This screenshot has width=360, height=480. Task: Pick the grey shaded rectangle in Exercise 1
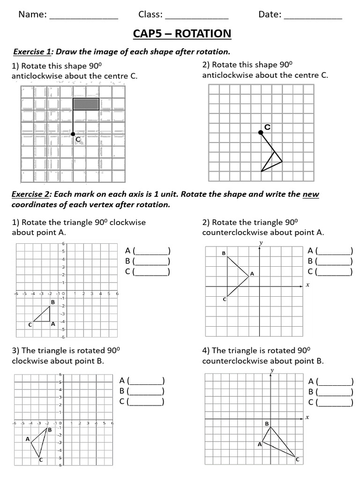(86, 104)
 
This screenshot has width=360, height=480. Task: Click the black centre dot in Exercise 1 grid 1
(73, 134)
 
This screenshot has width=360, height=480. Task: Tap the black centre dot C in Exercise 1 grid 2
(261, 133)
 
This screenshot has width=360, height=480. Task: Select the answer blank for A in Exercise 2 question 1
(152, 251)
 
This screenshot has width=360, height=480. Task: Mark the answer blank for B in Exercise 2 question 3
(146, 391)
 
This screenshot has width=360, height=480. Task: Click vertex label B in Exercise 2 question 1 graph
(53, 302)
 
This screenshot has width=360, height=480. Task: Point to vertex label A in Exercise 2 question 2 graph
(252, 274)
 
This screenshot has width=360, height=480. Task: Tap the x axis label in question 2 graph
(307, 285)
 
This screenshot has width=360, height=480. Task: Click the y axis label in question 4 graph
(272, 370)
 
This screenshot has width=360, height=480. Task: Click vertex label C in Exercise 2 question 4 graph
(297, 460)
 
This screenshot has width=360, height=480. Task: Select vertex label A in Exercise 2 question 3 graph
(28, 439)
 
